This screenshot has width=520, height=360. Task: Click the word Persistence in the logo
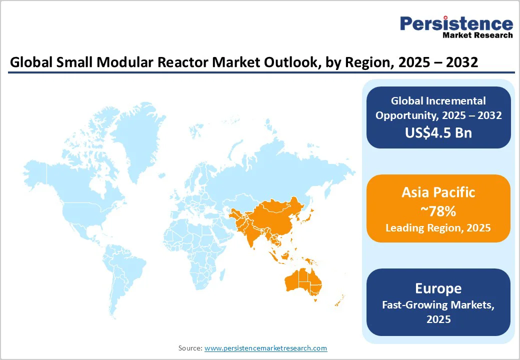tap(456, 23)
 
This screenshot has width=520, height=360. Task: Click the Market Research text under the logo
tap(477, 35)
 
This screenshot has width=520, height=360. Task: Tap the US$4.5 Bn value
tap(438, 132)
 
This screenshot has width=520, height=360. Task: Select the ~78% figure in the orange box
tap(438, 211)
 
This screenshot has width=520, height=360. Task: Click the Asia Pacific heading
tap(438, 192)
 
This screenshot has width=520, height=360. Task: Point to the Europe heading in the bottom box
tap(438, 288)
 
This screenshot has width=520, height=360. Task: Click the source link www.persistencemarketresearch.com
tap(265, 348)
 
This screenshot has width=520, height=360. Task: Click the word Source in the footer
tap(190, 348)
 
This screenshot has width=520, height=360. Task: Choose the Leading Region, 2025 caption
tap(438, 228)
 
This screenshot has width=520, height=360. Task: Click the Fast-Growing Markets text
tap(438, 304)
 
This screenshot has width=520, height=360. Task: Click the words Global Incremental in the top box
tap(438, 101)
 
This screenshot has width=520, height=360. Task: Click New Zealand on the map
tap(340, 301)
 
